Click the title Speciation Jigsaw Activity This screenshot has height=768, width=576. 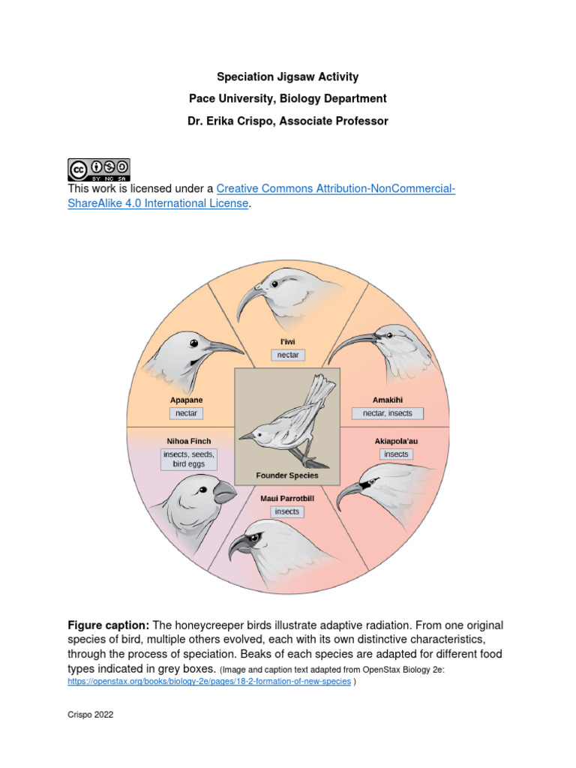click(287, 76)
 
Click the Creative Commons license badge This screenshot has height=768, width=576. click(98, 169)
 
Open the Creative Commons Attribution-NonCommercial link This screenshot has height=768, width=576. click(335, 188)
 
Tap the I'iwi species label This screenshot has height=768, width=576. click(287, 341)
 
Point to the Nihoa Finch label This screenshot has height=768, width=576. click(188, 441)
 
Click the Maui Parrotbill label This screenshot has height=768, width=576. click(287, 498)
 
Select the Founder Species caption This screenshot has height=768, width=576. click(287, 475)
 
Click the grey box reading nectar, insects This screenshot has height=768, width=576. click(388, 413)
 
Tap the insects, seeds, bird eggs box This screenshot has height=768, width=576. click(188, 459)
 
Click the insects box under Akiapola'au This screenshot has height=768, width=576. click(396, 454)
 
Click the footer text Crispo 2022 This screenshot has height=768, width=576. click(90, 715)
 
